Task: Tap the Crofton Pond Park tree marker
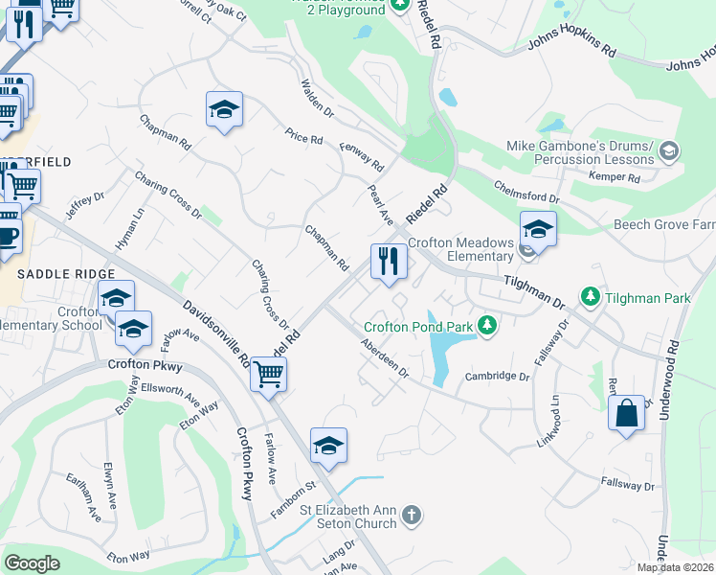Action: pos(487,326)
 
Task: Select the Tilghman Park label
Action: pos(647,298)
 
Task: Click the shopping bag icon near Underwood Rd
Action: pos(626,414)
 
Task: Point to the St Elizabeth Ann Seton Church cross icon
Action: pos(411,516)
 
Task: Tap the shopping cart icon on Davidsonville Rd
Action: pos(269,374)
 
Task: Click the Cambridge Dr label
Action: pos(497,377)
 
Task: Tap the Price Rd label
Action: pos(303,138)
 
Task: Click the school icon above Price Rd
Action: pos(224,110)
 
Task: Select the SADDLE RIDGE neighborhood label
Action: pos(52,274)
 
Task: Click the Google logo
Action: pos(32,563)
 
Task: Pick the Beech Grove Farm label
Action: pos(664,225)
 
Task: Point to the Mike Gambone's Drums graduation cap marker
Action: pos(669,150)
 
